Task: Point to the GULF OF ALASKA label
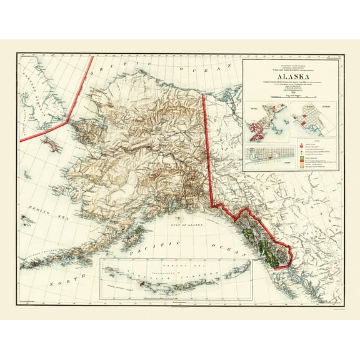tap(176, 230)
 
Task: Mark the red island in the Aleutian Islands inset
tap(142, 284)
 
